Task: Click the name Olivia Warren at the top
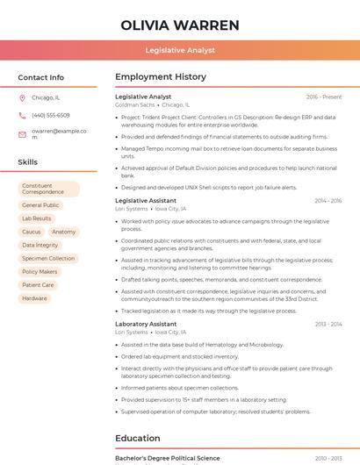click(179, 25)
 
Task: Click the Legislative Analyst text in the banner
click(179, 51)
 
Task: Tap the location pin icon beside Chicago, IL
click(22, 98)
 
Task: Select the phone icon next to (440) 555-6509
click(22, 116)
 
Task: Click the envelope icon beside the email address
click(22, 133)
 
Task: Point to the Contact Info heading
click(40, 77)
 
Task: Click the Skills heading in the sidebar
click(27, 162)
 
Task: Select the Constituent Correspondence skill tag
click(48, 189)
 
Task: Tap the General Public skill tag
click(40, 205)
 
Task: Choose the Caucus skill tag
click(32, 232)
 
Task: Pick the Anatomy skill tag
click(64, 232)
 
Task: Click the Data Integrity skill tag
click(40, 245)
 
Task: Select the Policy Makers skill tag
click(40, 272)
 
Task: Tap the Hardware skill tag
click(35, 298)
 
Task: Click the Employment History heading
click(161, 77)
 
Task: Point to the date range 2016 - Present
click(324, 97)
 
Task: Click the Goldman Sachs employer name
click(134, 104)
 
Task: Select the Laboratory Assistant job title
click(146, 324)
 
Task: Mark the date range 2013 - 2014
click(328, 324)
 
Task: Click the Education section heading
click(138, 438)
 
